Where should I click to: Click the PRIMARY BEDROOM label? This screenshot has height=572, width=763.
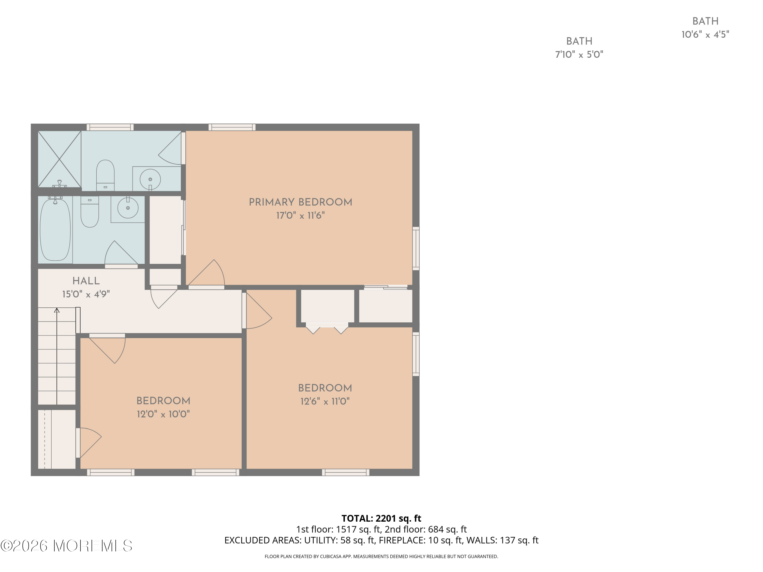pos(300,202)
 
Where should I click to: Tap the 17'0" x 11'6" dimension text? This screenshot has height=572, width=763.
pos(300,216)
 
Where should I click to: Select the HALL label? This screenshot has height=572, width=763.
pos(86,281)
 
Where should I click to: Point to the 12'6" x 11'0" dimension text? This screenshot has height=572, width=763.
pos(325,401)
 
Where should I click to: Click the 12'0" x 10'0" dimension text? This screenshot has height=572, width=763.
pos(163,414)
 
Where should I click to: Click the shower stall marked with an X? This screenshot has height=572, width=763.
pos(59,159)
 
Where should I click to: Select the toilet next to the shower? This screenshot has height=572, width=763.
pos(105,174)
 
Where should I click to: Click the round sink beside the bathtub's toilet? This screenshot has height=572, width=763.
pos(128,208)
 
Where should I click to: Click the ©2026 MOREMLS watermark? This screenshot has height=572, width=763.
pos(66,546)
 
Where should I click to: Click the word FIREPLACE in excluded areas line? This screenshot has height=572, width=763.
pos(402,540)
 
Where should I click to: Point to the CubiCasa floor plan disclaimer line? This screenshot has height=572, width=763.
pos(381,556)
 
